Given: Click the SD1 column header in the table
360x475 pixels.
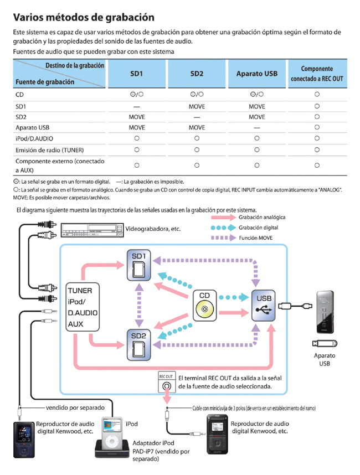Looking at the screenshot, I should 136,74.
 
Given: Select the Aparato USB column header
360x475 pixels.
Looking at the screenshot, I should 256,74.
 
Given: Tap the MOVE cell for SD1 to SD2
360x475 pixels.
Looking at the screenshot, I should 197,106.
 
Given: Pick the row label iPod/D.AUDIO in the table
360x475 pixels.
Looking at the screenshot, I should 35,138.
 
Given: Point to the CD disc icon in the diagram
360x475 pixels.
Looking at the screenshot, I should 204,304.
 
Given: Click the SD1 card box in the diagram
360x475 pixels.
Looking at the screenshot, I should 138,265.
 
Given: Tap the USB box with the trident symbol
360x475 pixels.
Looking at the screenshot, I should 264,304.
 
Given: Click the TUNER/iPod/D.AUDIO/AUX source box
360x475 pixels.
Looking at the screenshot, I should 83,307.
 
